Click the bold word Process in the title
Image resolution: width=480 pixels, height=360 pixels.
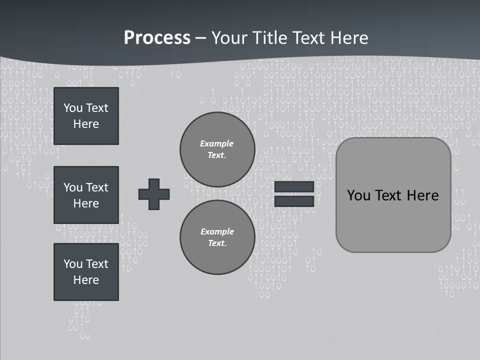(x=157, y=38)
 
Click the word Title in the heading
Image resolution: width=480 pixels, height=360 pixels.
(x=268, y=38)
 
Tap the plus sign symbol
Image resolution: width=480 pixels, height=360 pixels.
(x=154, y=194)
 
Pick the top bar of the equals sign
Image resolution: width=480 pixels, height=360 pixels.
(x=294, y=187)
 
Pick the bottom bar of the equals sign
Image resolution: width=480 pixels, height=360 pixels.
(x=294, y=201)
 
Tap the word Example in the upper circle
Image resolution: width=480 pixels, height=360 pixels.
(x=217, y=143)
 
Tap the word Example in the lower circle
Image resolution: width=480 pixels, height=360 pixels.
(x=217, y=231)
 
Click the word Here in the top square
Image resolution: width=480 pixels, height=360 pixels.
(x=86, y=124)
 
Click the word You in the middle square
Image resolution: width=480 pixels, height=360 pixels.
(x=73, y=187)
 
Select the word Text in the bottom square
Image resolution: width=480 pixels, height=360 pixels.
(x=97, y=264)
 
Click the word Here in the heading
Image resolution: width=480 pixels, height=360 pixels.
(x=349, y=38)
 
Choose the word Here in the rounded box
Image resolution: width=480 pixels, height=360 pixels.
(x=423, y=195)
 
